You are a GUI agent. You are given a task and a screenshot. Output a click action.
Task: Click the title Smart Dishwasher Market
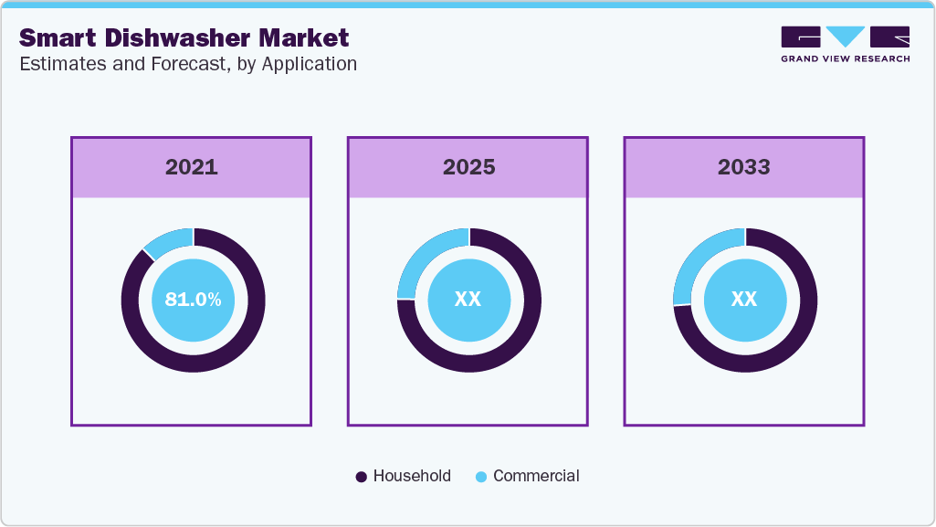tap(184, 38)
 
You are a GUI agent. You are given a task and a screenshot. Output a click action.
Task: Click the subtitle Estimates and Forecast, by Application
tap(187, 64)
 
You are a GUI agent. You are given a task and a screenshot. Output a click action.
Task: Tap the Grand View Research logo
tap(845, 44)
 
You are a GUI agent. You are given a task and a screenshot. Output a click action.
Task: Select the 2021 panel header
tap(191, 167)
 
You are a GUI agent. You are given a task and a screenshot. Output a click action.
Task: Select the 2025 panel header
tap(468, 167)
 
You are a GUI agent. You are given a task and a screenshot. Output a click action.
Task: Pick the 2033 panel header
tap(743, 167)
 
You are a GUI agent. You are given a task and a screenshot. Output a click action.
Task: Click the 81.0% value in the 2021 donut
tap(193, 300)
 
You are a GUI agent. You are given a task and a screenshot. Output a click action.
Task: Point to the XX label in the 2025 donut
tap(468, 300)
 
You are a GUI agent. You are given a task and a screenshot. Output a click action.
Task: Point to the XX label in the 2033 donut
tap(744, 300)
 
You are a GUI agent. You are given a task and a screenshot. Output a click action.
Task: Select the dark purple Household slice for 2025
tap(511, 347)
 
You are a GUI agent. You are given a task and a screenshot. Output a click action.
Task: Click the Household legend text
tap(412, 476)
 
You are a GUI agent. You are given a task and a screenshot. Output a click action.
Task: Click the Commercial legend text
tap(536, 476)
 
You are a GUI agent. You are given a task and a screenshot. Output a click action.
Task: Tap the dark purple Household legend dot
tap(361, 477)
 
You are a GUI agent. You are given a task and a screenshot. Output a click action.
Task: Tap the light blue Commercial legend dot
tap(481, 477)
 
